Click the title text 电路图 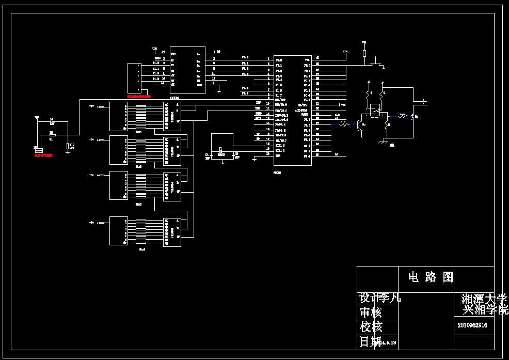click(x=431, y=277)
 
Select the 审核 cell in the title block click(x=371, y=312)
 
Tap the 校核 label click(x=371, y=327)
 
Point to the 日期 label click(x=369, y=341)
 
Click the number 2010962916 click(x=472, y=325)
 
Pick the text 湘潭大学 click(x=484, y=299)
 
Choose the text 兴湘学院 click(x=486, y=309)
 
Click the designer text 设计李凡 click(x=380, y=298)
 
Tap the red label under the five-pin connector click(x=139, y=96)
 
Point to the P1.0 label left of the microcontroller click(x=245, y=57)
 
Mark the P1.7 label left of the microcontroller click(x=245, y=93)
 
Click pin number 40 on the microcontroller click(x=317, y=58)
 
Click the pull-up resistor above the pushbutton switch click(x=364, y=53)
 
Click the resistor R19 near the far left click(x=68, y=147)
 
